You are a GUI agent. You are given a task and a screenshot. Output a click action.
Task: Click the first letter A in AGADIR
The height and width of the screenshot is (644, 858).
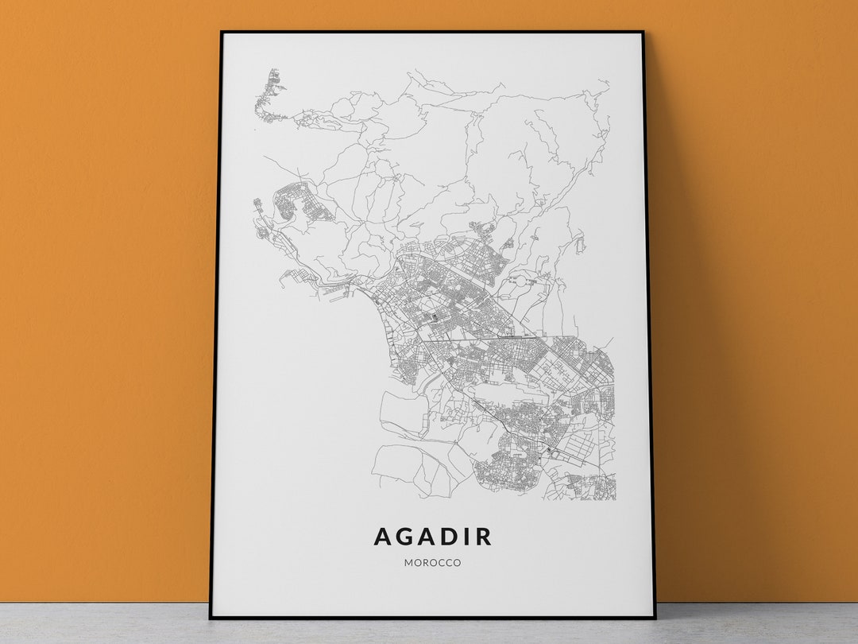click(x=382, y=537)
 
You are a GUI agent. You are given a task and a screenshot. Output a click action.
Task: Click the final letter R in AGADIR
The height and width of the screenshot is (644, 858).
click(x=483, y=537)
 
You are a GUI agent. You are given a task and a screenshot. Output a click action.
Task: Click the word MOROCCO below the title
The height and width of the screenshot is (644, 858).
click(x=432, y=563)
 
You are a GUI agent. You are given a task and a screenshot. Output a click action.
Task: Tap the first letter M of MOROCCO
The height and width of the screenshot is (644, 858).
click(x=408, y=563)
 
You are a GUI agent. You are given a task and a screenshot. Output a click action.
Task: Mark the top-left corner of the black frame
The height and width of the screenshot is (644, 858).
click(x=222, y=33)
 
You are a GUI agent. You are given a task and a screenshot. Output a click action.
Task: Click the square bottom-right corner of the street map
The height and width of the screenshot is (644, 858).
click(x=614, y=499)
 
